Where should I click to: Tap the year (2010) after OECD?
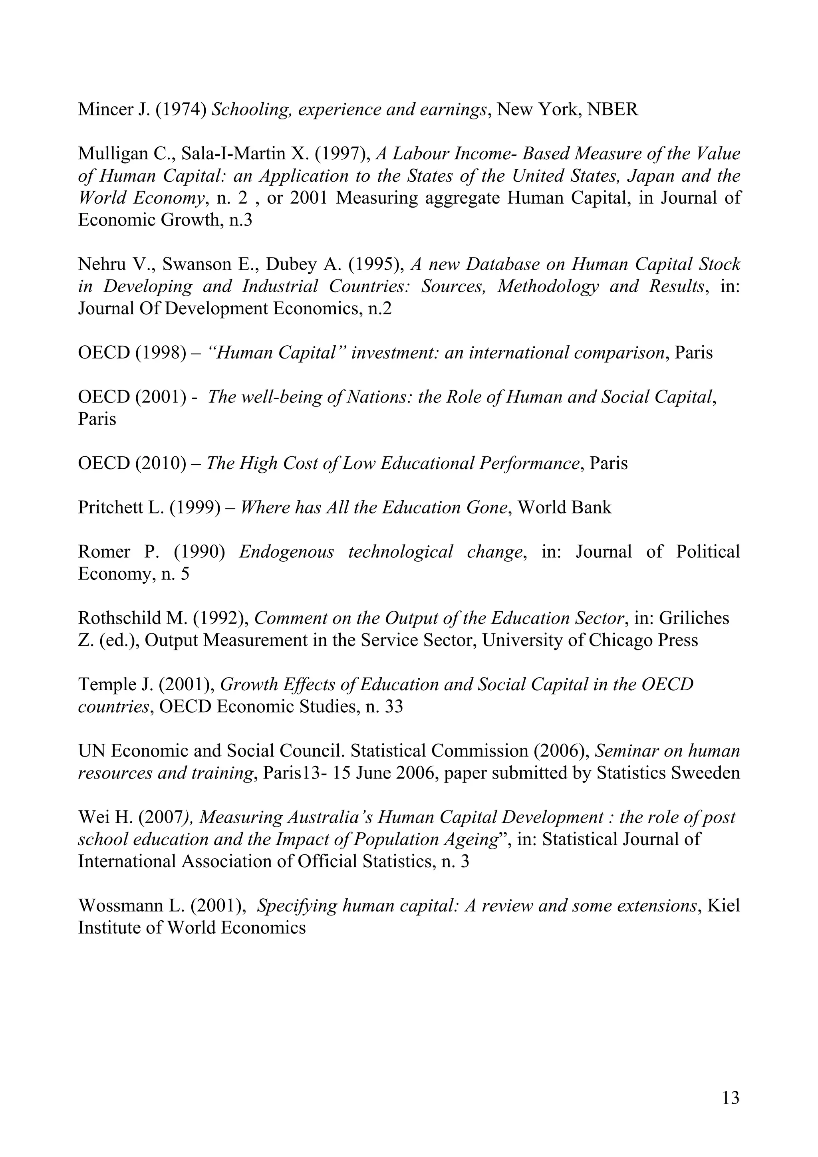(161, 463)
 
